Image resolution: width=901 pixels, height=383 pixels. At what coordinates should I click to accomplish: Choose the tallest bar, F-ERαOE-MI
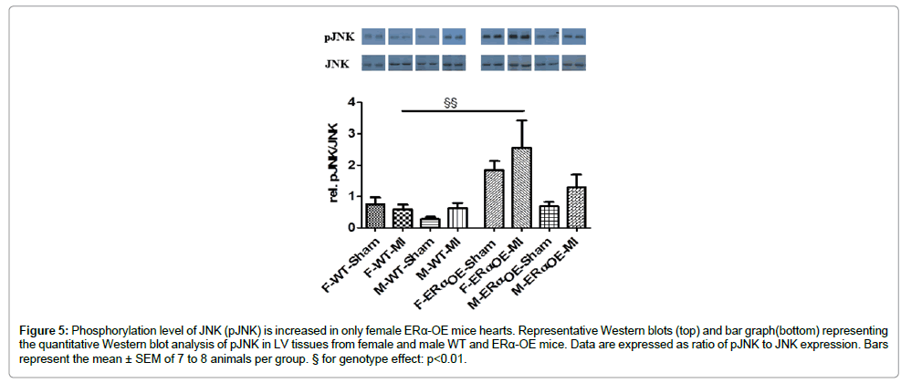coord(521,188)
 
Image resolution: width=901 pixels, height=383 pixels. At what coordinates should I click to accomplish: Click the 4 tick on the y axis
coord(348,103)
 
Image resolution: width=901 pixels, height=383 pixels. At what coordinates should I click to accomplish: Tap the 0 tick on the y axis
coord(348,227)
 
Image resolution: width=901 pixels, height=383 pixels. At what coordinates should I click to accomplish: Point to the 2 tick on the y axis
coord(348,165)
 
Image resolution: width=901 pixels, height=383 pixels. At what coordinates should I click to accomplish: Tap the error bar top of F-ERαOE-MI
coord(521,120)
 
